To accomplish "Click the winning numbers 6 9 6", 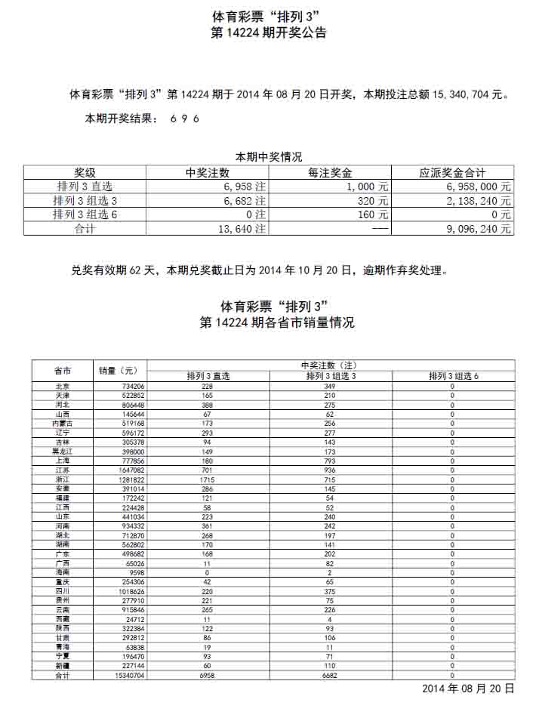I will click(185, 119).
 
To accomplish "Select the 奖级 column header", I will click(85, 173).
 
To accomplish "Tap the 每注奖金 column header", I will click(331, 173).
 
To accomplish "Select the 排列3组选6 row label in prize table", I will click(85, 214).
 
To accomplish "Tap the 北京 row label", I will click(63, 386).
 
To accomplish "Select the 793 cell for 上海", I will click(330, 461).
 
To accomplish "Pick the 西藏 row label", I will click(63, 618).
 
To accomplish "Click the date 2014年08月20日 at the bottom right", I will click(467, 689).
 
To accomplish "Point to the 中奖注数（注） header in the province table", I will click(330, 365).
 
